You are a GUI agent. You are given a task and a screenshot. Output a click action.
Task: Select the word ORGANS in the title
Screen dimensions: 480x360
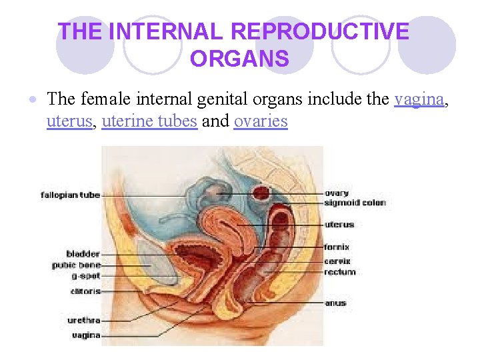click(x=239, y=59)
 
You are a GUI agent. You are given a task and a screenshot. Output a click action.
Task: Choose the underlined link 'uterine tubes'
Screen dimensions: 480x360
click(x=149, y=121)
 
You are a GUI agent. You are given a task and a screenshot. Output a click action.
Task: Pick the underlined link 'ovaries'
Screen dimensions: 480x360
click(x=261, y=121)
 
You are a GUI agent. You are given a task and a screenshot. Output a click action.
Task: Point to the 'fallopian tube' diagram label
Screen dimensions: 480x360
click(x=70, y=195)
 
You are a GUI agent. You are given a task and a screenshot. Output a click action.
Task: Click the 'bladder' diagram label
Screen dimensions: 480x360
click(x=83, y=254)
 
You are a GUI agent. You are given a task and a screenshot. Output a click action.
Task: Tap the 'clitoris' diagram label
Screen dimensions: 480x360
click(x=85, y=291)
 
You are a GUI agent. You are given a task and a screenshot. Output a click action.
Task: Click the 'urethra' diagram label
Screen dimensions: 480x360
click(x=83, y=321)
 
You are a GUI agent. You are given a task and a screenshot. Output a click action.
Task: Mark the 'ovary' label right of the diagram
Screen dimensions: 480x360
click(x=337, y=193)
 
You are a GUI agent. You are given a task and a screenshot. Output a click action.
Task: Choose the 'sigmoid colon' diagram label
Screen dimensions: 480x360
click(x=355, y=203)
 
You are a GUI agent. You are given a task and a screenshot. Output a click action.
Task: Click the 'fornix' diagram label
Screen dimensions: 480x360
click(x=337, y=247)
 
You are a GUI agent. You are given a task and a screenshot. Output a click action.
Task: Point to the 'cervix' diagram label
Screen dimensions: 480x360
click(x=337, y=262)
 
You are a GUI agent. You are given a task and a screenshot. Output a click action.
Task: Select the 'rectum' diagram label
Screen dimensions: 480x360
click(x=340, y=272)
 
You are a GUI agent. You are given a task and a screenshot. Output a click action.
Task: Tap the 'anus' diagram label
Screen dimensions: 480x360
click(x=335, y=303)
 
